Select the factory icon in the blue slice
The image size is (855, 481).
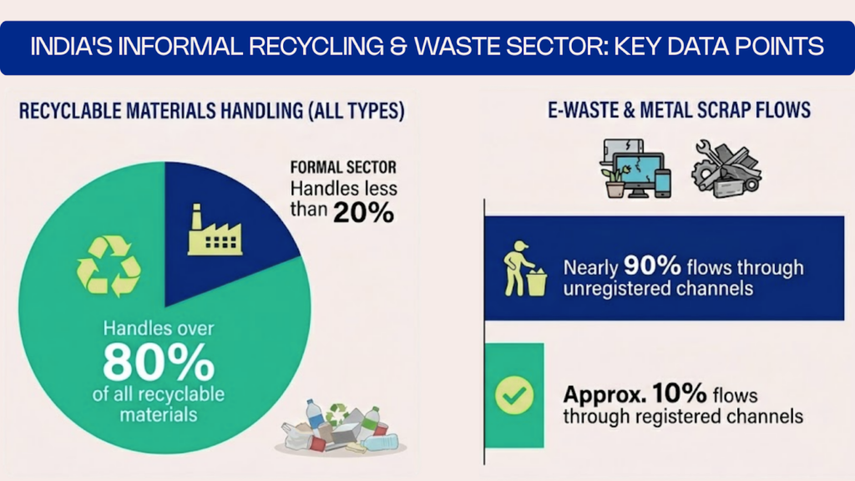pyautogui.click(x=215, y=232)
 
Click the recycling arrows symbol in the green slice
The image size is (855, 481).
pyautogui.click(x=109, y=266)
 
